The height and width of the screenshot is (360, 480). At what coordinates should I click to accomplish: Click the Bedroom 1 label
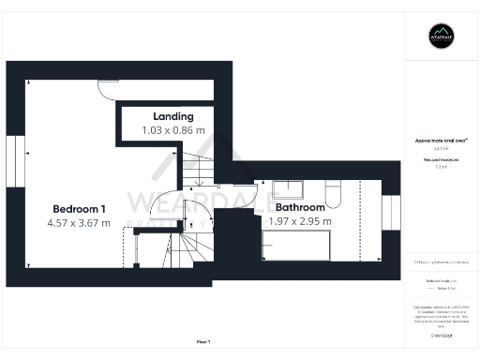[80, 207]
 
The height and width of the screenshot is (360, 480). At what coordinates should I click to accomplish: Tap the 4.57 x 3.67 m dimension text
[80, 223]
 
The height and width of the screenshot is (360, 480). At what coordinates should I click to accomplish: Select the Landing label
[173, 116]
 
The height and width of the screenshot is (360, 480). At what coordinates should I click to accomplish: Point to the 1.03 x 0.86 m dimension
[173, 131]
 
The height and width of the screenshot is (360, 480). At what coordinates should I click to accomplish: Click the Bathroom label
[299, 207]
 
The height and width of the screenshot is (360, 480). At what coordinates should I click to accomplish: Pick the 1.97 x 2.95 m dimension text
[299, 222]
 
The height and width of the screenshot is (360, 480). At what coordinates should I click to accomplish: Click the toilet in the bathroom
[337, 191]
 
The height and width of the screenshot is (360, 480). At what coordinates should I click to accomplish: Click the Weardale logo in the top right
[441, 37]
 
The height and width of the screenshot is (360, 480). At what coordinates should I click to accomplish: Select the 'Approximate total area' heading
[441, 141]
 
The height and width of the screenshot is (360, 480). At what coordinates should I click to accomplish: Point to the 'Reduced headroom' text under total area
[441, 160]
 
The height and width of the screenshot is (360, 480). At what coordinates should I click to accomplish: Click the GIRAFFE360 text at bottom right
[441, 335]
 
